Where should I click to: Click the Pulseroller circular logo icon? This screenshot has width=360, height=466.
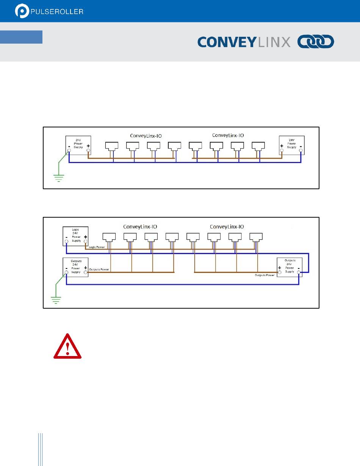(22, 11)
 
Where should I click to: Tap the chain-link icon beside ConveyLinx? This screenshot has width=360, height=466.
(316, 42)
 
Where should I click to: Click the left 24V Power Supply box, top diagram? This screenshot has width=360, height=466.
(78, 144)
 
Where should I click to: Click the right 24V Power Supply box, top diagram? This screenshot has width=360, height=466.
(291, 144)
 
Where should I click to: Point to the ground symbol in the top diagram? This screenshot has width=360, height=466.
(59, 177)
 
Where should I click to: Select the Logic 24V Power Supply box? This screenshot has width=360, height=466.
(76, 236)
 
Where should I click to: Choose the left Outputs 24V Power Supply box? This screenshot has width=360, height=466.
(76, 267)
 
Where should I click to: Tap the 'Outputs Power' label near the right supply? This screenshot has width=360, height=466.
(265, 275)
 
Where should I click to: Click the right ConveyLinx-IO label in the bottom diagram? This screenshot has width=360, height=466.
(227, 226)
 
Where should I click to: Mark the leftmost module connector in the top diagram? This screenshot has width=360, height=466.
(111, 146)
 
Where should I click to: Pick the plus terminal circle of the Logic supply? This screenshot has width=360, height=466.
(86, 241)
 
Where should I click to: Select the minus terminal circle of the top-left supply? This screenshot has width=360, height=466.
(69, 151)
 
